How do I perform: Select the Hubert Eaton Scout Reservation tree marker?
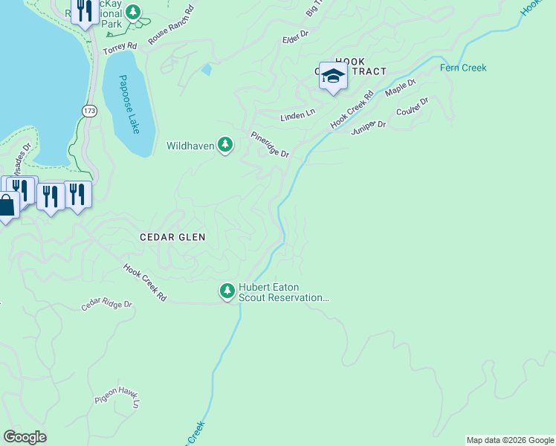tap(227, 291)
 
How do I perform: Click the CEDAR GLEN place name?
tap(172, 236)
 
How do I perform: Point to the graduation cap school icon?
tap(333, 76)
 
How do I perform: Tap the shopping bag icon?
tap(6, 206)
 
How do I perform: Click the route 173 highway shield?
tap(89, 111)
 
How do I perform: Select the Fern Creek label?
tap(463, 68)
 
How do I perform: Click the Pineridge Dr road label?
tap(268, 144)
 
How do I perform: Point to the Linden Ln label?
tap(297, 117)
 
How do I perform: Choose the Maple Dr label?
tap(401, 88)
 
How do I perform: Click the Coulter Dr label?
tap(413, 109)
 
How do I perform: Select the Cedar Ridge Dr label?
tap(106, 305)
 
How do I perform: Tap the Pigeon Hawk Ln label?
tap(117, 398)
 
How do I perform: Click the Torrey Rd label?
tap(120, 48)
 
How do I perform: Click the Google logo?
tap(25, 437)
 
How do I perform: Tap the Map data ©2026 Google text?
tap(509, 440)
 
